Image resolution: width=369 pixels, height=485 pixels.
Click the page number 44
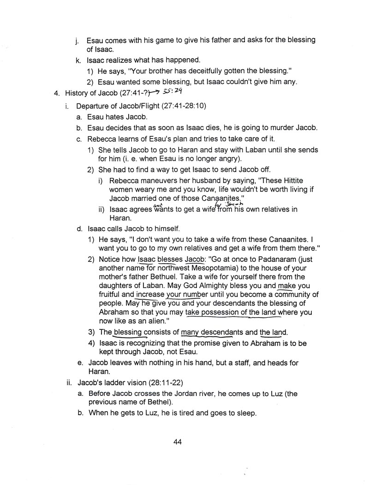pos(178,442)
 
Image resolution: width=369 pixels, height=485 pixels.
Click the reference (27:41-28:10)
pos(184,106)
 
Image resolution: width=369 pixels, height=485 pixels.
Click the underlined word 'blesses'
pos(170,259)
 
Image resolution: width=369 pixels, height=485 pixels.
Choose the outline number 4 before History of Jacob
pos(56,93)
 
